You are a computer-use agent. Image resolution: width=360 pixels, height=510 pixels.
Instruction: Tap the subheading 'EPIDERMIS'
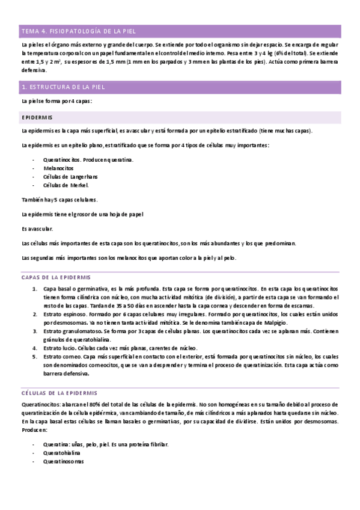pos(37,117)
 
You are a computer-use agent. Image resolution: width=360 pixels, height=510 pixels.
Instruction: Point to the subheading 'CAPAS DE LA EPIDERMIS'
pos(56,277)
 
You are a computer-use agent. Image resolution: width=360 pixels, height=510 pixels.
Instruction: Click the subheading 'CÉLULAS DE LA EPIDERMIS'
pos(59,392)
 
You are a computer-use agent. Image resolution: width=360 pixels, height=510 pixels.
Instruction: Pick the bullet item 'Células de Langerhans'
pos(70,177)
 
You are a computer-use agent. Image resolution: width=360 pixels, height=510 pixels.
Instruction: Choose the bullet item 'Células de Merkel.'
pos(66,185)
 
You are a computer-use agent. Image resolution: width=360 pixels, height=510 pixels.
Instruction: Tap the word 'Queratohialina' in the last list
pos(61,453)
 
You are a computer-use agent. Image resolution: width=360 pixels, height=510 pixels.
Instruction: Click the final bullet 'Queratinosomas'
pos(63,461)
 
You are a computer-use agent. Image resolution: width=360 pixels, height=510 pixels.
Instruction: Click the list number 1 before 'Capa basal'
pos(35,289)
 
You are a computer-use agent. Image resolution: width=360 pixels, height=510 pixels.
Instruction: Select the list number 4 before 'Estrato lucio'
pos(35,348)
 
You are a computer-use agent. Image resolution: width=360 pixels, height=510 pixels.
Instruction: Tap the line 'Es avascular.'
pos(37,229)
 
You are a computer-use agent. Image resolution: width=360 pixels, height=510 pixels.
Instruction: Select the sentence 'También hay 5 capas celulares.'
pos(59,200)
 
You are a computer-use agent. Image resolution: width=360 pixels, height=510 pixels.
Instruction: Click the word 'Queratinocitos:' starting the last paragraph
pos(41,404)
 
